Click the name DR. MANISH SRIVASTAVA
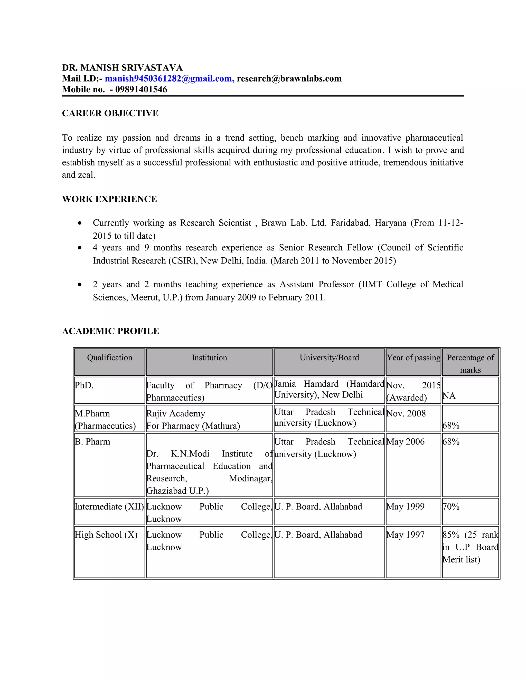(x=122, y=67)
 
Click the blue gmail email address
(x=170, y=79)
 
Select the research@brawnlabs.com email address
(x=289, y=79)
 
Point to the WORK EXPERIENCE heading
(x=109, y=199)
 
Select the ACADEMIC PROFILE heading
(x=110, y=331)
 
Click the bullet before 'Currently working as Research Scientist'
(x=80, y=223)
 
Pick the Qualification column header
(x=109, y=357)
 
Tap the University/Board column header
(x=329, y=357)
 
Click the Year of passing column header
(x=413, y=357)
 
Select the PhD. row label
(x=84, y=385)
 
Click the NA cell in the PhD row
(x=449, y=396)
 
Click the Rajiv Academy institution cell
(x=193, y=419)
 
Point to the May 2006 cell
(x=405, y=442)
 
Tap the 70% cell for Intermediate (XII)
(x=451, y=507)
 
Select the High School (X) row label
(x=106, y=535)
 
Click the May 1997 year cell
(x=405, y=535)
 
